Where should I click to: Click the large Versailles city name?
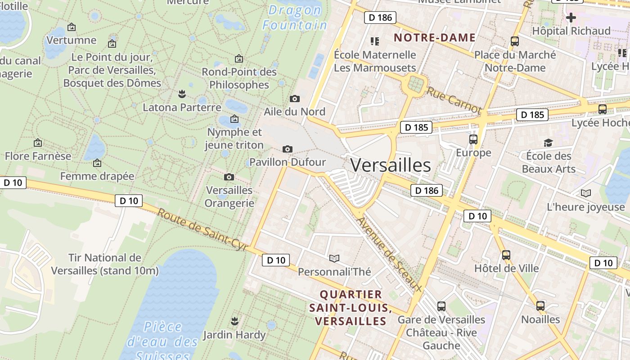pyautogui.click(x=390, y=166)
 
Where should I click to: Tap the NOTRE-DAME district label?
pyautogui.click(x=435, y=37)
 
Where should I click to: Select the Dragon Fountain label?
pyautogui.click(x=295, y=18)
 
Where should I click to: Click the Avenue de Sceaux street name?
pyautogui.click(x=389, y=255)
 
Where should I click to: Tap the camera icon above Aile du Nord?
pyautogui.click(x=295, y=99)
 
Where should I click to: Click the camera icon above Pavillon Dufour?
pyautogui.click(x=287, y=149)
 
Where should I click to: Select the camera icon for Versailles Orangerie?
pyautogui.click(x=229, y=177)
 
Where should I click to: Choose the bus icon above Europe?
pyautogui.click(x=473, y=139)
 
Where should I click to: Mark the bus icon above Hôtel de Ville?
pyautogui.click(x=506, y=255)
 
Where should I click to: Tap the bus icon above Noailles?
pyautogui.click(x=540, y=306)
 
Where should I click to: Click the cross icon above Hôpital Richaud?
pyautogui.click(x=571, y=18)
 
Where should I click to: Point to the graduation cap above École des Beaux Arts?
pyautogui.click(x=548, y=143)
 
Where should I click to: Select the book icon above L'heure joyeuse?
pyautogui.click(x=585, y=193)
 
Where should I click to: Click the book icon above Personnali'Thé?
pyautogui.click(x=334, y=258)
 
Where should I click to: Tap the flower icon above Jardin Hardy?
pyautogui.click(x=234, y=321)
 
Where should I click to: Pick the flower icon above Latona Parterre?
pyautogui.click(x=182, y=94)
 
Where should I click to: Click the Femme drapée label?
pyautogui.click(x=97, y=176)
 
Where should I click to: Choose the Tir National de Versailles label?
pyautogui.click(x=105, y=264)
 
